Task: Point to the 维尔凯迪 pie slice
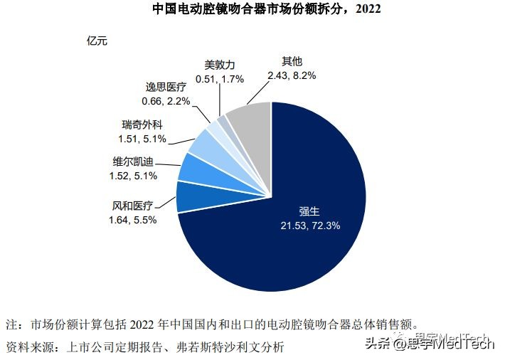click(x=193, y=166)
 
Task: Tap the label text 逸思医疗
click(x=167, y=88)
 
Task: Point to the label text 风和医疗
click(x=133, y=206)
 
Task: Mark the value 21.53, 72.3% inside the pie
click(x=310, y=226)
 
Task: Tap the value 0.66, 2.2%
click(x=167, y=101)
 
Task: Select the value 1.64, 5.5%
click(x=133, y=219)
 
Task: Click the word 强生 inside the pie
click(x=310, y=212)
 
